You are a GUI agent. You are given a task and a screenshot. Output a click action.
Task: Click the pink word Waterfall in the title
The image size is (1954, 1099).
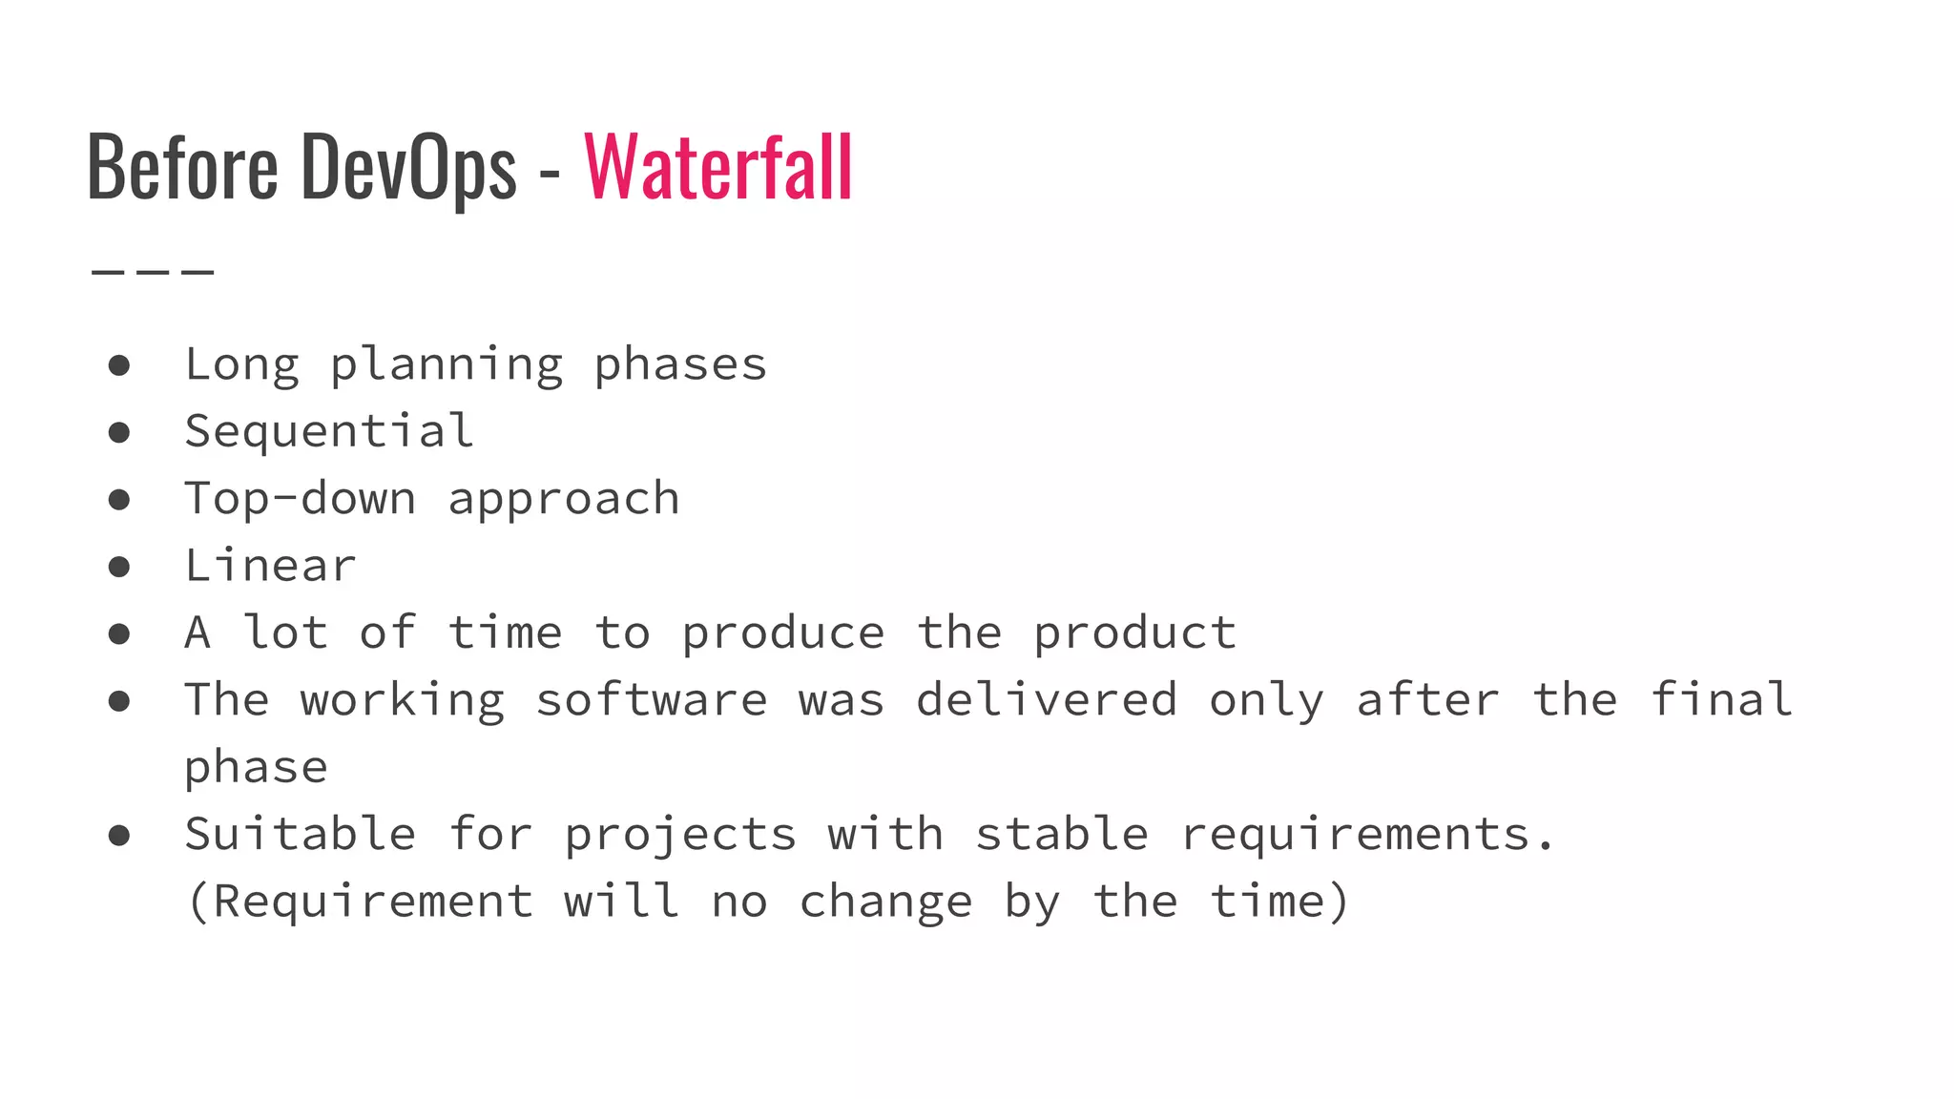point(718,167)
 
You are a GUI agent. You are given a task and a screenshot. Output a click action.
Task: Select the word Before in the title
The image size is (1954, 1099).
point(182,167)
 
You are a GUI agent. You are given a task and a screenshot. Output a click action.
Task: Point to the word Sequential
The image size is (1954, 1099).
point(329,431)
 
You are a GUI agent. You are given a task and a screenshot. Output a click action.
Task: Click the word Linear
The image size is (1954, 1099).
point(270,566)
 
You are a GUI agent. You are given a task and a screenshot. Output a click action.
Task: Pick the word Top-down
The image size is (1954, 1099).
point(301,499)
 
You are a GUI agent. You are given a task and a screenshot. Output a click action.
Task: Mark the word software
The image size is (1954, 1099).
point(652,701)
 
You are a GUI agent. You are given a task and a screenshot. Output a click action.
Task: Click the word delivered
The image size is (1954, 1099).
point(1047,700)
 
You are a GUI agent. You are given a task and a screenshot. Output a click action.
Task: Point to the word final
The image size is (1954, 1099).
point(1721,700)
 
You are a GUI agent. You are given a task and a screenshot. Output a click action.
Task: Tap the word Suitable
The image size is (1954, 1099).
point(301,835)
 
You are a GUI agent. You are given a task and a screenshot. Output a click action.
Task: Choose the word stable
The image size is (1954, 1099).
point(1061,835)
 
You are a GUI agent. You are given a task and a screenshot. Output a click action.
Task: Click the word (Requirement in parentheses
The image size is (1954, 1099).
point(360,902)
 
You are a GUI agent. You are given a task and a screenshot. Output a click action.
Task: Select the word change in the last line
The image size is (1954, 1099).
point(885,902)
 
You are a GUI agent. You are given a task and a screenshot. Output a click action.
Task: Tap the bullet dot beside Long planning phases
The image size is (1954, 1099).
point(119,365)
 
